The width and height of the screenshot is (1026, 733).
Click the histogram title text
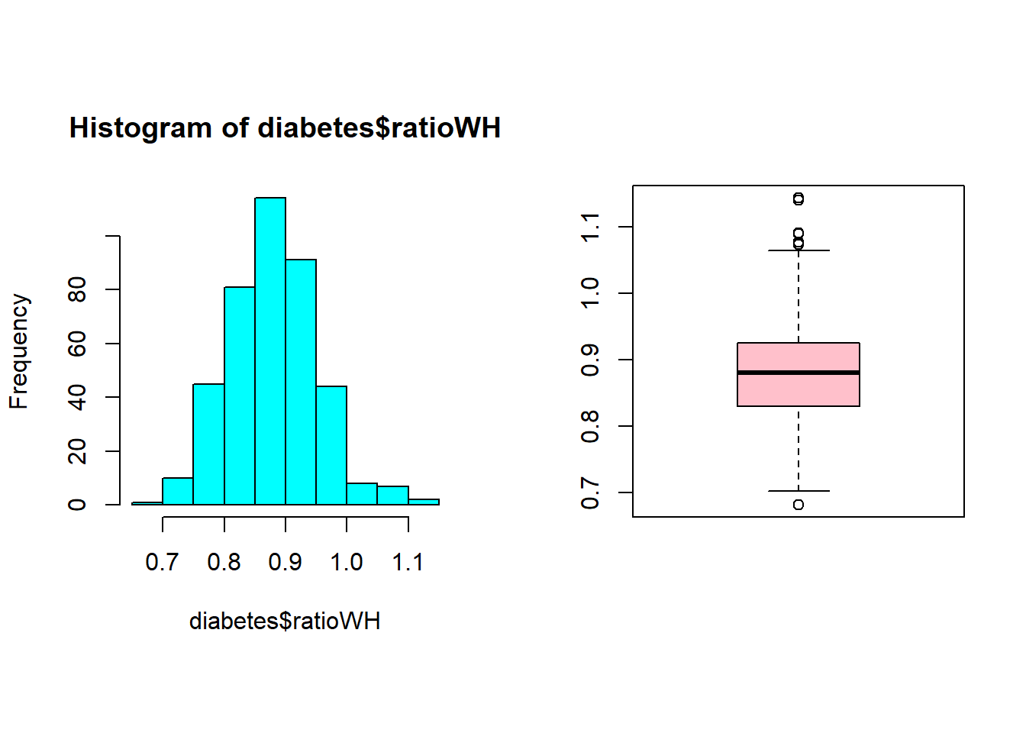(285, 128)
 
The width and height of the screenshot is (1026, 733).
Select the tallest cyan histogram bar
(270, 351)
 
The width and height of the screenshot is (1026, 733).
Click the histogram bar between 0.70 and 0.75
(178, 491)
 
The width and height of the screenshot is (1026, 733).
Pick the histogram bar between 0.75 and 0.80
(208, 444)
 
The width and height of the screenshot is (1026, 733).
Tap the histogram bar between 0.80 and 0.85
(240, 396)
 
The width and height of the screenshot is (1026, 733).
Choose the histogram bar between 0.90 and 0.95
(301, 382)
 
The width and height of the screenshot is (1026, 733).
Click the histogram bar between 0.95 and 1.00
(331, 445)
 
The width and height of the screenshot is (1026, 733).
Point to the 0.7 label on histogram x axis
(162, 563)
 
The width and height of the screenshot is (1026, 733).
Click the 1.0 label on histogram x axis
(347, 563)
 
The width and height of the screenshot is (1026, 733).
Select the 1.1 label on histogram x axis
(408, 563)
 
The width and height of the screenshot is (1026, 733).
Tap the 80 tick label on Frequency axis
(78, 290)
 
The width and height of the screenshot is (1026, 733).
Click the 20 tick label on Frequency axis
(78, 451)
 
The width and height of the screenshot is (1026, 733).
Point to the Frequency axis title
(19, 351)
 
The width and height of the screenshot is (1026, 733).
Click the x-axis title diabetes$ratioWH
(285, 622)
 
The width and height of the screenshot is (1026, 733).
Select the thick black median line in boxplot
(799, 373)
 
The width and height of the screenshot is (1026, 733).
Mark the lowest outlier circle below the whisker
(799, 505)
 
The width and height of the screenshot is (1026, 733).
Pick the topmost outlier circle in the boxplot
(799, 199)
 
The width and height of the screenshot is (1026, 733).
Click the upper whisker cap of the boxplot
(799, 250)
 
